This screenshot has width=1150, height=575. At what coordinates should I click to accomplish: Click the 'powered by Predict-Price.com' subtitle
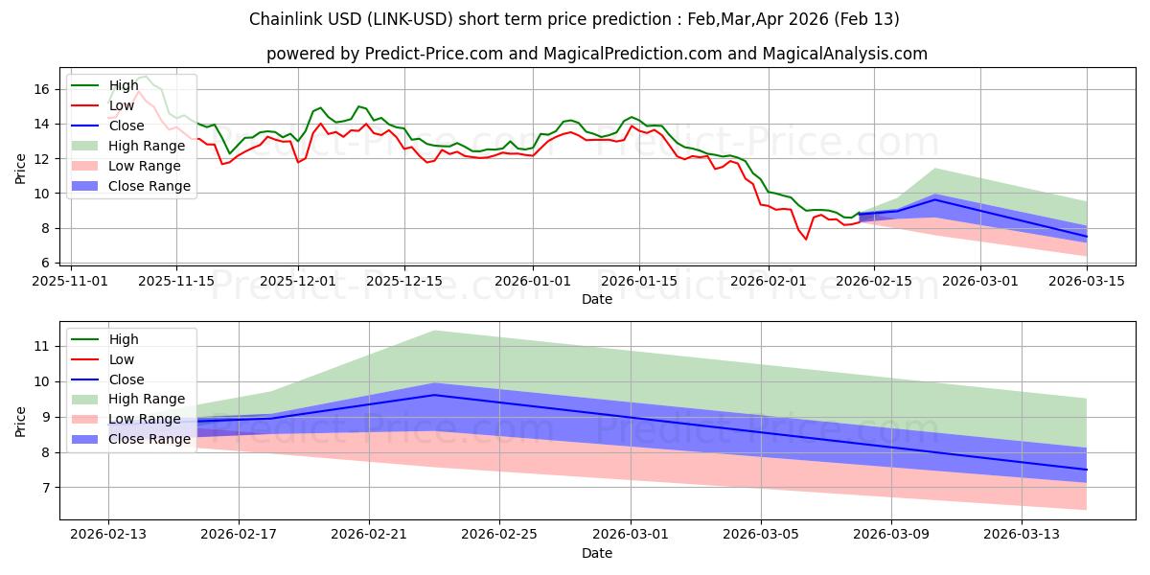pos(596,54)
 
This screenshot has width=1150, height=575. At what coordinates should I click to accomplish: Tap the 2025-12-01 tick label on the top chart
pos(298,281)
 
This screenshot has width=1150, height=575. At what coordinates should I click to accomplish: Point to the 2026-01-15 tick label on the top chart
pos(639,281)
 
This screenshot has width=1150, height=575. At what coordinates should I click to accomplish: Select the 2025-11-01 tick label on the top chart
pos(72,281)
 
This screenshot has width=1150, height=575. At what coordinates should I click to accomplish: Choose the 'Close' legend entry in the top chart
pos(126,126)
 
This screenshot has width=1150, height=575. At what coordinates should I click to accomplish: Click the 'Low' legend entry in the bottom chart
pos(123,359)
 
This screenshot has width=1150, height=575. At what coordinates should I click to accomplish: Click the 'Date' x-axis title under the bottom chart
pos(596,553)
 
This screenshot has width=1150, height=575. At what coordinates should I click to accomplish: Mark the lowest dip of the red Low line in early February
pos(806,239)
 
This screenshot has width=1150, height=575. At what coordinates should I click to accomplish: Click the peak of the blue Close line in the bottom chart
pos(434,395)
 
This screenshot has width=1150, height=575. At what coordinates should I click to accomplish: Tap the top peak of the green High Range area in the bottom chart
pos(434,331)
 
